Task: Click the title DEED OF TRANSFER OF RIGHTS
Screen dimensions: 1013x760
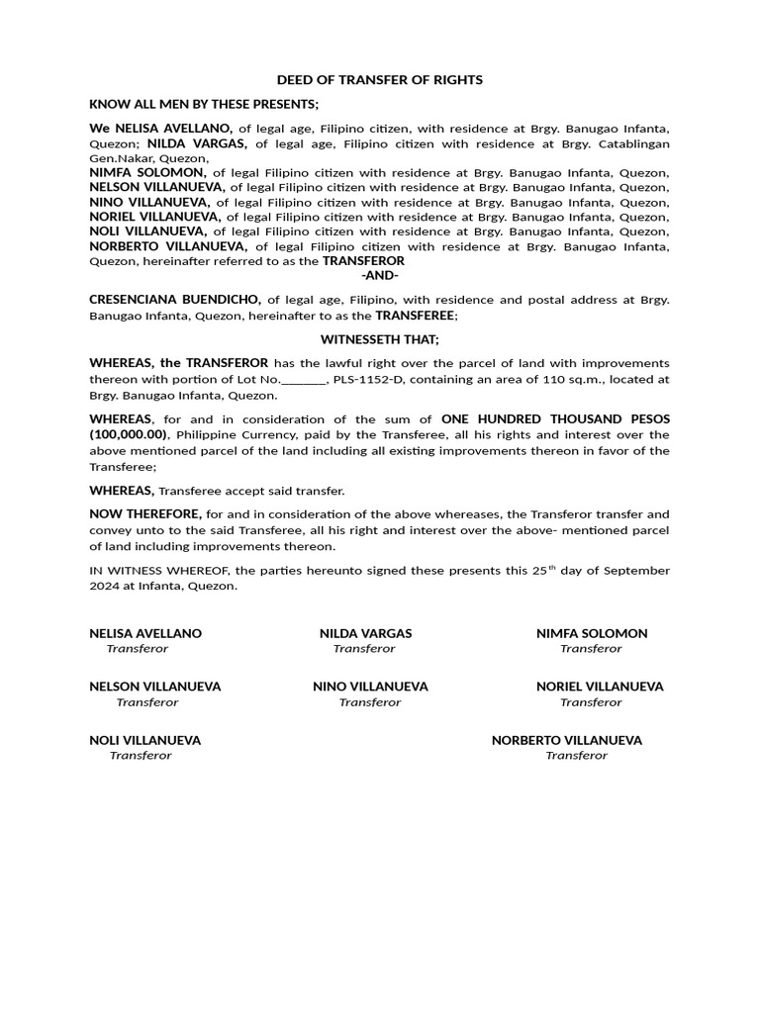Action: pyautogui.click(x=380, y=80)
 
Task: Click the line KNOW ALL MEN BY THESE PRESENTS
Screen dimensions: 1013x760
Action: pyautogui.click(x=205, y=104)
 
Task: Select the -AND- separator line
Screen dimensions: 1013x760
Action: pyautogui.click(x=380, y=275)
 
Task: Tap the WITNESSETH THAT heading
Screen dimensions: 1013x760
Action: pyautogui.click(x=380, y=339)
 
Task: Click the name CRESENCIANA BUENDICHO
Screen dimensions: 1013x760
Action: pyautogui.click(x=175, y=299)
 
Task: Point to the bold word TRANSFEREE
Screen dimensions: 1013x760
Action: pyautogui.click(x=415, y=315)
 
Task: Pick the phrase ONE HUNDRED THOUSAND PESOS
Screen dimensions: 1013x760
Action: pyautogui.click(x=555, y=418)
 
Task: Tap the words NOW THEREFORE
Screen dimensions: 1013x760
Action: pyautogui.click(x=145, y=514)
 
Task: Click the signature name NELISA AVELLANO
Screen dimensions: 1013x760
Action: pyautogui.click(x=145, y=633)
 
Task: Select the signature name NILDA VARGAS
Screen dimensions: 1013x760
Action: pyautogui.click(x=365, y=633)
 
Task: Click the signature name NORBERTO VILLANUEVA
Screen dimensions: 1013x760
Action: pyautogui.click(x=567, y=740)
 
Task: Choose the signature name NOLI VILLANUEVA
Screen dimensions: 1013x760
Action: pyautogui.click(x=145, y=740)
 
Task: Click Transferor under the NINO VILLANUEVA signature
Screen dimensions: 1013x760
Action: pyautogui.click(x=370, y=702)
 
